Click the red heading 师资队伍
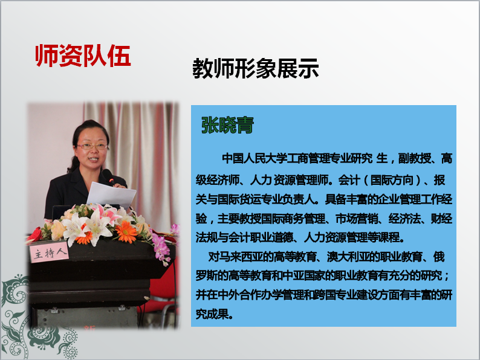[83, 56]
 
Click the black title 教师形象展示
[256, 68]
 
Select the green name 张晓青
[227, 125]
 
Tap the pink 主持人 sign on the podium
[49, 252]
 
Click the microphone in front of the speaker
[108, 177]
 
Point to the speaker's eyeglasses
[92, 147]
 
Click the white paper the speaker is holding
[111, 195]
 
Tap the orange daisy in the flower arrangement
[126, 232]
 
